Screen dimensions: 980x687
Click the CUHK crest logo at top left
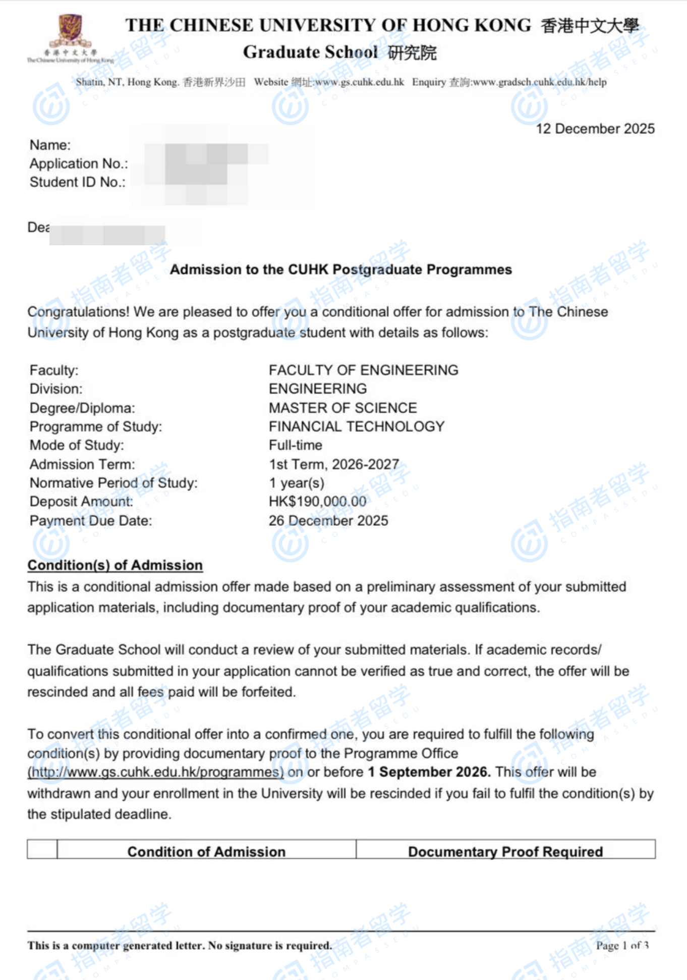pyautogui.click(x=70, y=32)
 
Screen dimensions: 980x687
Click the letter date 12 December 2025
pyautogui.click(x=595, y=129)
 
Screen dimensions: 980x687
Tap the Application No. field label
pyautogui.click(x=79, y=164)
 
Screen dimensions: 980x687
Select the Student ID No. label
pyautogui.click(x=77, y=182)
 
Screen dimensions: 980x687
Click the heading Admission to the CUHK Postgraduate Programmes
pyautogui.click(x=340, y=269)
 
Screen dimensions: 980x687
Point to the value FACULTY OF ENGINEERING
pyautogui.click(x=363, y=370)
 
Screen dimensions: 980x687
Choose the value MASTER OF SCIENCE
pyautogui.click(x=342, y=408)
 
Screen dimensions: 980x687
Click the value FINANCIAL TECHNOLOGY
pyautogui.click(x=356, y=426)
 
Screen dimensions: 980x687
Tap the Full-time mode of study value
pyautogui.click(x=295, y=445)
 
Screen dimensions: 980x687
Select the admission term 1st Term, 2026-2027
pyautogui.click(x=333, y=464)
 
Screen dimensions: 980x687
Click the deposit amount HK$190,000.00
pyautogui.click(x=317, y=502)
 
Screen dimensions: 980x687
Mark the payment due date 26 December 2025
pyautogui.click(x=328, y=521)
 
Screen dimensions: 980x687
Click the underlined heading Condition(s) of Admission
pyautogui.click(x=115, y=565)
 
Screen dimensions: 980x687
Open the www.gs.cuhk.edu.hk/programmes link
pyautogui.click(x=155, y=772)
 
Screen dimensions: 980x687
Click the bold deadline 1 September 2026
pyautogui.click(x=429, y=772)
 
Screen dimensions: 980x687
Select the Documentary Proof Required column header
pyautogui.click(x=505, y=851)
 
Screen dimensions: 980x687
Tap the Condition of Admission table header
pyautogui.click(x=206, y=851)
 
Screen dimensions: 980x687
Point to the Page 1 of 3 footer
pyautogui.click(x=622, y=945)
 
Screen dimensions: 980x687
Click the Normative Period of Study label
pyautogui.click(x=113, y=483)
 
